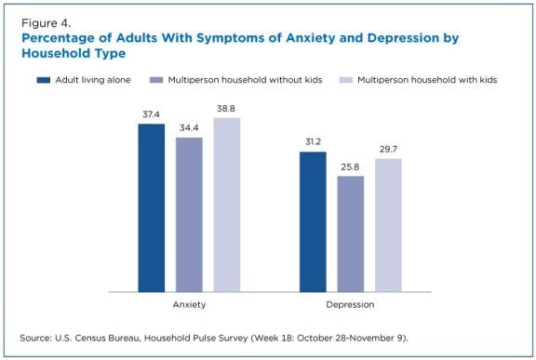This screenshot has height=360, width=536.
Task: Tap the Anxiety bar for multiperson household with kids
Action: coord(226,204)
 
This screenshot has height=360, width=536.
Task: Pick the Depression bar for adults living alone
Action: coord(313,221)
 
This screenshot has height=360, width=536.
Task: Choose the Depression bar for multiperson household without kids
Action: coord(351,233)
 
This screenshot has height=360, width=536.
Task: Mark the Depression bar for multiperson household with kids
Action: coord(388,225)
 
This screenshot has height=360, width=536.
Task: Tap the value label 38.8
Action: coord(226,109)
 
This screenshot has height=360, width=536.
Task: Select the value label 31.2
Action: coord(313,143)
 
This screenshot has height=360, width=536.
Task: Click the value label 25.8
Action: coord(351,167)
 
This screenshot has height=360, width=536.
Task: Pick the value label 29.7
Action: coord(388,150)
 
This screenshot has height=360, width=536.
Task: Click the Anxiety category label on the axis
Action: coord(189,304)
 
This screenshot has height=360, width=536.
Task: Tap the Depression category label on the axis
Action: coord(351,304)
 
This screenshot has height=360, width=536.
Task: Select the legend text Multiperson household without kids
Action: coord(257,80)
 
